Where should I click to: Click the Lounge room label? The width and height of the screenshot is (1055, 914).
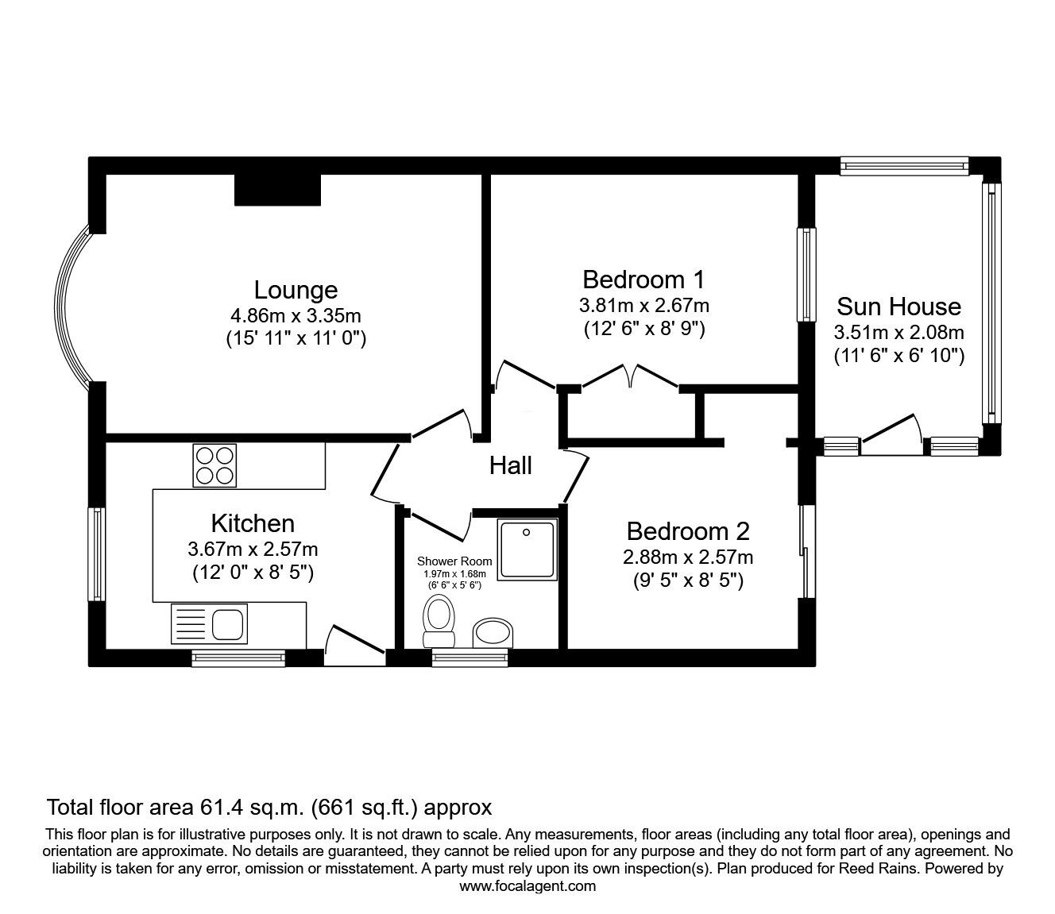(296, 290)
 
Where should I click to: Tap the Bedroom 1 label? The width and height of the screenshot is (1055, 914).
(643, 280)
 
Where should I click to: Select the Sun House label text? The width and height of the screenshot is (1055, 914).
(898, 307)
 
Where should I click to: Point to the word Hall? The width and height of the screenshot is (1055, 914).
(510, 465)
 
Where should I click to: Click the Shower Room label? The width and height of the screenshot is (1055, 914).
(454, 561)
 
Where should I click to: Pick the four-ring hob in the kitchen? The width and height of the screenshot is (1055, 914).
(215, 465)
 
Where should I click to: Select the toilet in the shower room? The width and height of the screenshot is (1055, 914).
(439, 623)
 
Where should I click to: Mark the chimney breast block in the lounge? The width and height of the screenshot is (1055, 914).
(277, 190)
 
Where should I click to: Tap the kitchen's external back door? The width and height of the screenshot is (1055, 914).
(354, 644)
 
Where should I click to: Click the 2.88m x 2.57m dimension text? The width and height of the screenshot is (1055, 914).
(688, 557)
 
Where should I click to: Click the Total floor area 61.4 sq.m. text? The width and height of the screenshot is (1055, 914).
(269, 808)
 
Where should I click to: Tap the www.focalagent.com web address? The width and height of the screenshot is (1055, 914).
(527, 886)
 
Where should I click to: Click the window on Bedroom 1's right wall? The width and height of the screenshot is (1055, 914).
(806, 275)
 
